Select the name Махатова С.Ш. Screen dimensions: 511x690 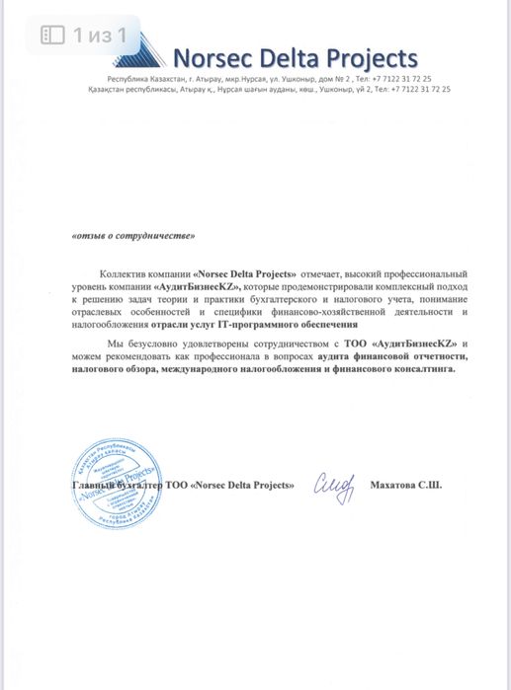[405, 486]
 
